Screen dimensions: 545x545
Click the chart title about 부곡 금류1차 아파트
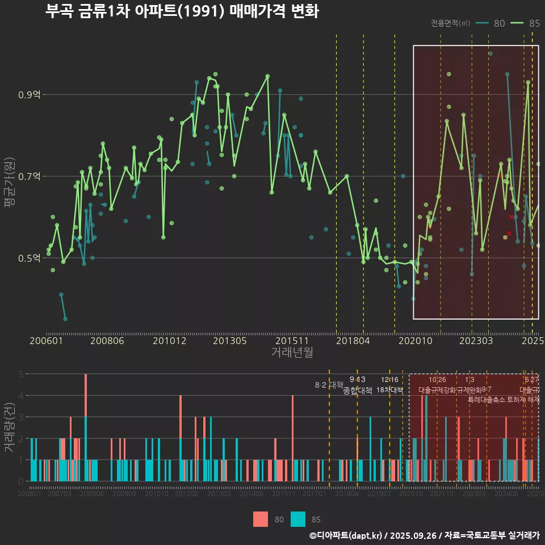pyautogui.click(x=182, y=11)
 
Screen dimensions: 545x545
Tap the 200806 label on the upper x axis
pyautogui.click(x=107, y=341)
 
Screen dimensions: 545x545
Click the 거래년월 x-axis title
pyautogui.click(x=292, y=352)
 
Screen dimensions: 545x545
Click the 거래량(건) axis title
pyautogui.click(x=9, y=427)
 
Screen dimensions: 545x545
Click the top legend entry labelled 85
pyautogui.click(x=525, y=23)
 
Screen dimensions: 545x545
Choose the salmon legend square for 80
pyautogui.click(x=261, y=519)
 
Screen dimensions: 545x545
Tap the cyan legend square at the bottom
pyautogui.click(x=298, y=519)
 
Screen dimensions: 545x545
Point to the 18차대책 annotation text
pyautogui.click(x=389, y=390)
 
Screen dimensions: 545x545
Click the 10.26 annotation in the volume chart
pyautogui.click(x=437, y=380)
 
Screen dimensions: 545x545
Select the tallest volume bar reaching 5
pyautogui.click(x=86, y=397)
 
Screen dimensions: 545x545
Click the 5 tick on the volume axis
pyautogui.click(x=20, y=374)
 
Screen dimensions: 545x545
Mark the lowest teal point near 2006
pyautogui.click(x=65, y=319)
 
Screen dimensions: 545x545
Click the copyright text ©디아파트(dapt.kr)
pyautogui.click(x=346, y=535)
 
